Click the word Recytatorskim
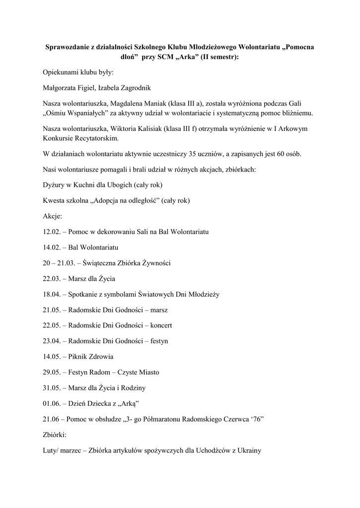(x=97, y=138)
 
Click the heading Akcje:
(x=52, y=216)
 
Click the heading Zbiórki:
(x=54, y=435)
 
